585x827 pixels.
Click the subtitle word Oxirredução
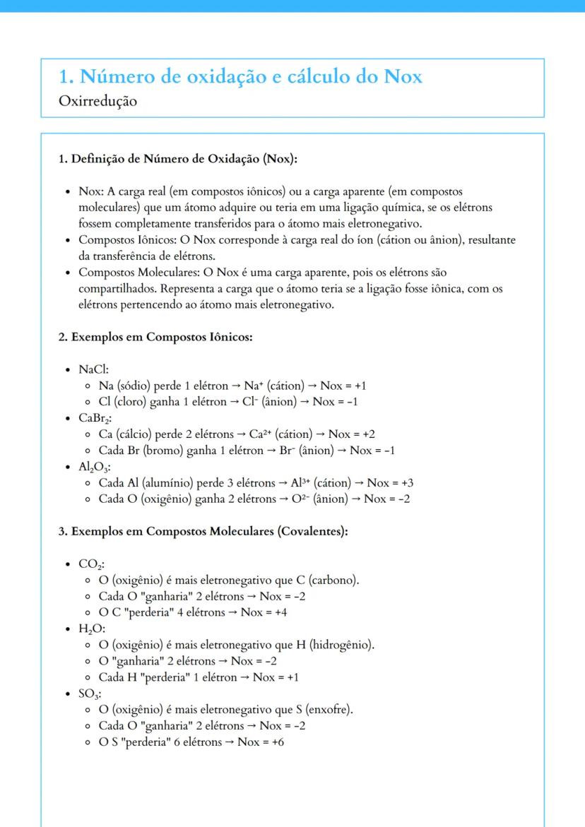[98, 101]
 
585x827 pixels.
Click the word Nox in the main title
[403, 76]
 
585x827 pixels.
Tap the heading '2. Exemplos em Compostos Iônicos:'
[155, 337]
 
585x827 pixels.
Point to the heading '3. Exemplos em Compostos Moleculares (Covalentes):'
[203, 531]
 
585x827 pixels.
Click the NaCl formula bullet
[93, 369]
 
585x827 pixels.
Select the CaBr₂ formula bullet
[95, 418]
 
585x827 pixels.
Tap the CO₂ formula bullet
[91, 564]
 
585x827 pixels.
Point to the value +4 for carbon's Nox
[280, 612]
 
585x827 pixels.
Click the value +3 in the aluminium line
[407, 483]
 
